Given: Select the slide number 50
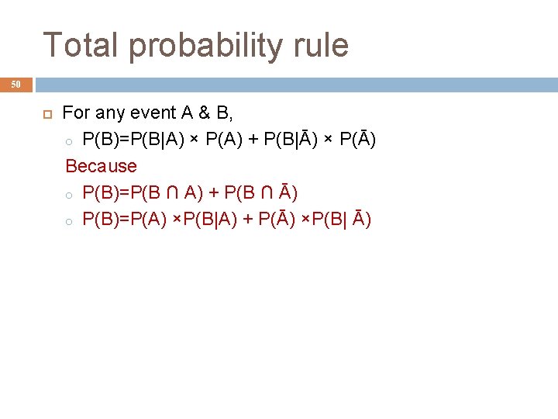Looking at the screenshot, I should (16, 84).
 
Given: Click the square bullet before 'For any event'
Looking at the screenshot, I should (45, 113).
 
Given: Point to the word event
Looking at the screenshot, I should (154, 113).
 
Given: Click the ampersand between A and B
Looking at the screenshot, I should (204, 113).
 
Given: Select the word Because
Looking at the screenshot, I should (102, 166).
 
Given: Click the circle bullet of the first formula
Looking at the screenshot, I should (68, 141).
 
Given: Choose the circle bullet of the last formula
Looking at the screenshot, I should (68, 221).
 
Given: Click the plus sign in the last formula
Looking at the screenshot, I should (248, 220).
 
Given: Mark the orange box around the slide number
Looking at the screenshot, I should (16, 84).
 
